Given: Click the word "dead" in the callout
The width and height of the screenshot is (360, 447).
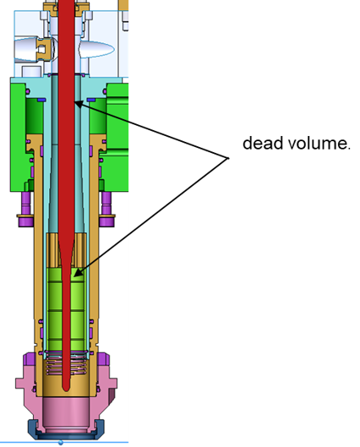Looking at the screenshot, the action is click(x=263, y=143).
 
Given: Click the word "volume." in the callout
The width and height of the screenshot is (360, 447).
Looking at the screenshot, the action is click(x=319, y=143).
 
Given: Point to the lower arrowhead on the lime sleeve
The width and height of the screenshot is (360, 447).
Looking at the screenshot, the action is click(x=78, y=273).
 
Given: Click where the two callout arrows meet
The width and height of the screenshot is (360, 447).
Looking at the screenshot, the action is click(x=228, y=158).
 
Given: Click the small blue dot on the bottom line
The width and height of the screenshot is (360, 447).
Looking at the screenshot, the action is click(x=61, y=443).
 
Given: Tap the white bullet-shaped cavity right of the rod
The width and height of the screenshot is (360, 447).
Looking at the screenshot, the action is click(x=97, y=50).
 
